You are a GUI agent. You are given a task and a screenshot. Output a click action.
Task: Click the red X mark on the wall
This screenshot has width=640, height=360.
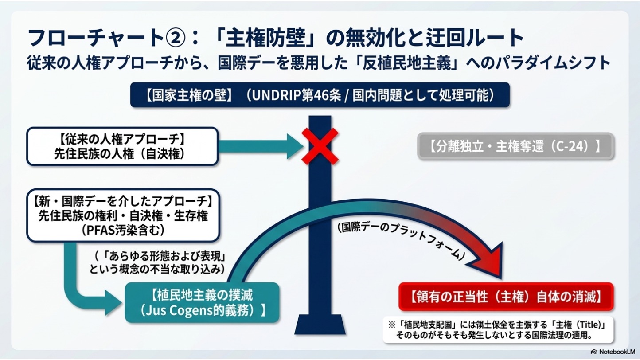(320, 146)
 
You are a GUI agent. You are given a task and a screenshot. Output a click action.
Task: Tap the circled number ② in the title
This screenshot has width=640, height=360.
(176, 38)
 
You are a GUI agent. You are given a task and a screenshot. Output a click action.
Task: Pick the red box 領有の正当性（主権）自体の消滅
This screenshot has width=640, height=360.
(506, 297)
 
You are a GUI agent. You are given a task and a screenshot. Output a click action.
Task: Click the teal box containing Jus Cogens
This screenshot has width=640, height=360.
(202, 302)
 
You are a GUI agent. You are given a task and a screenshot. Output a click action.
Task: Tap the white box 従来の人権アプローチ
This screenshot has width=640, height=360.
(123, 146)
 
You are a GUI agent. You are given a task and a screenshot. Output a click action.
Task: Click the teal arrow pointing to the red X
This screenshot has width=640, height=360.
(261, 146)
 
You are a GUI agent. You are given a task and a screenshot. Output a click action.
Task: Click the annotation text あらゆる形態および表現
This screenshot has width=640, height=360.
(165, 256)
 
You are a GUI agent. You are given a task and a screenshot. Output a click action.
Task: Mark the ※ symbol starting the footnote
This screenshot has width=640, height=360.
(391, 325)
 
